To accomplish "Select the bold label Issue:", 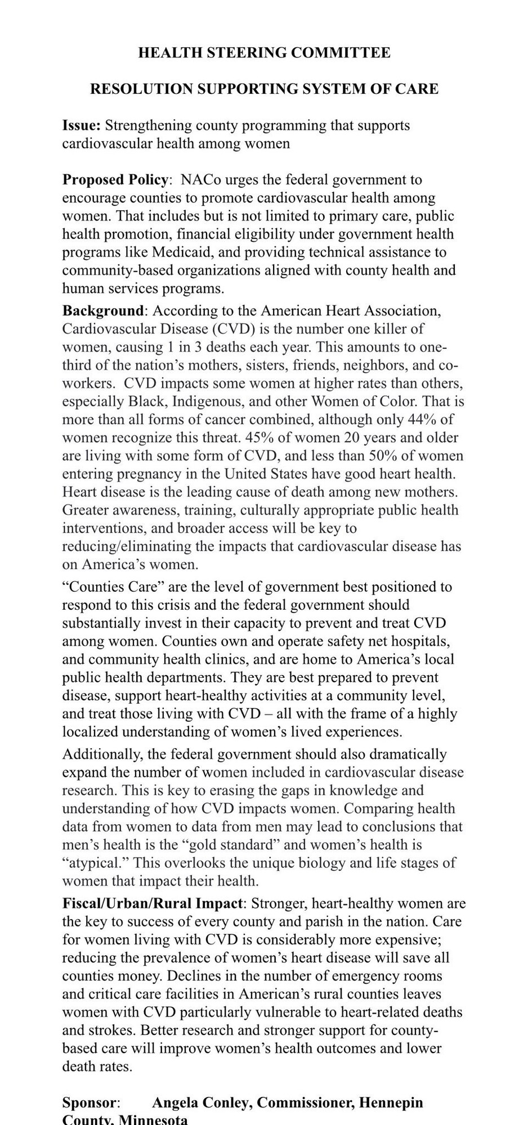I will click(x=81, y=125).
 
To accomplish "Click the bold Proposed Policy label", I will click(x=115, y=180).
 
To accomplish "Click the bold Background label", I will click(x=104, y=310).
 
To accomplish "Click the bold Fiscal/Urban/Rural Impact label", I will click(x=153, y=904).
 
